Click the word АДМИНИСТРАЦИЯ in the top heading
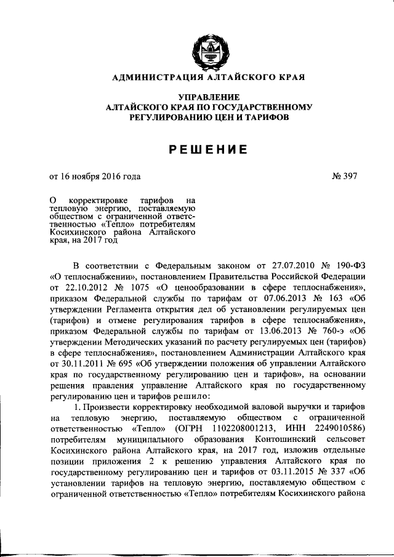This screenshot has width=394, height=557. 151,78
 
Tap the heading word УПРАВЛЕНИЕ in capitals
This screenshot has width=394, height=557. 204,97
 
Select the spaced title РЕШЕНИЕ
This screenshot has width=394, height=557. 204,149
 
